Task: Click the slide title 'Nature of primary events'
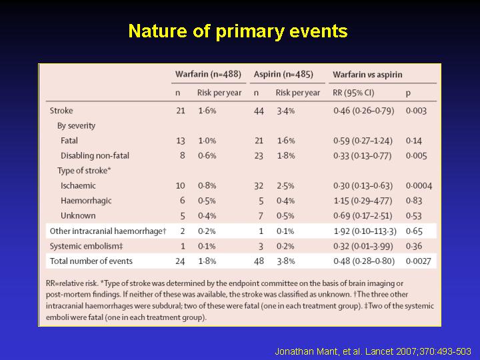[x=238, y=31]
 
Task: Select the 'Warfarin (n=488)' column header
[x=208, y=75]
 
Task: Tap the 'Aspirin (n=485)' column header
[x=283, y=75]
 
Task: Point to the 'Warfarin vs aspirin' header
[x=367, y=75]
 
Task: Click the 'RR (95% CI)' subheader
[x=353, y=93]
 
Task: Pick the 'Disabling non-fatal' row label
[x=95, y=155]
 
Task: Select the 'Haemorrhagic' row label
[x=86, y=201]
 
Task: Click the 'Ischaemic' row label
[x=78, y=185]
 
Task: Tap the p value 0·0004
[x=419, y=186]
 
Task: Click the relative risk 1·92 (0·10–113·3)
[x=365, y=231]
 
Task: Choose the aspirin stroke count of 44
[x=259, y=111]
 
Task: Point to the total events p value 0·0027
[x=418, y=261]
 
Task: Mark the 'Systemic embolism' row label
[x=86, y=246]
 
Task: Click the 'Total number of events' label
[x=91, y=261]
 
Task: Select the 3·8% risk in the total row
[x=285, y=261]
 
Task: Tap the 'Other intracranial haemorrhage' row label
[x=108, y=231]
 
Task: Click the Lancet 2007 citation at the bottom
[x=373, y=351]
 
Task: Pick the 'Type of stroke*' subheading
[x=84, y=171]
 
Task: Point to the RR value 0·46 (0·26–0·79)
[x=364, y=111]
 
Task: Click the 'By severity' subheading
[x=76, y=126]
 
